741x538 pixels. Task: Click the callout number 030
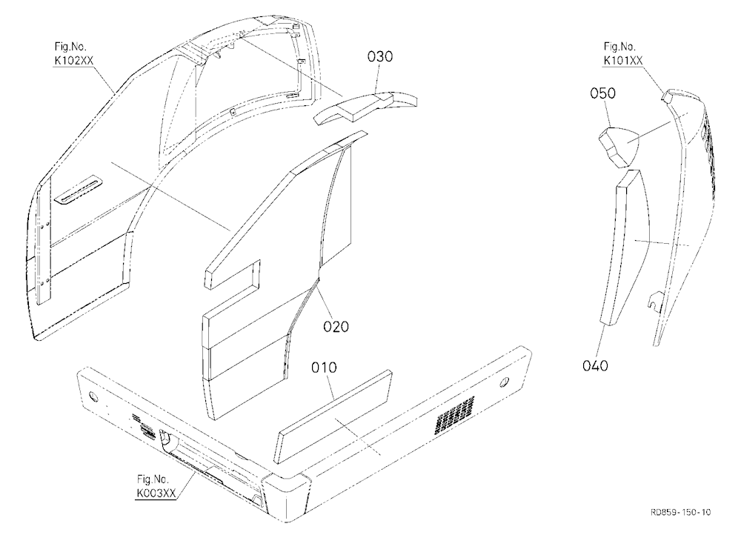click(x=380, y=56)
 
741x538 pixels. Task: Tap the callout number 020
click(x=336, y=326)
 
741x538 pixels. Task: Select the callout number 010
click(x=325, y=368)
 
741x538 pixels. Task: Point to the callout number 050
click(x=602, y=93)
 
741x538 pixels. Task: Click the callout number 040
click(x=595, y=365)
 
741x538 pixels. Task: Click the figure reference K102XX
click(x=73, y=61)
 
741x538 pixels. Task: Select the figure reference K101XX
click(x=623, y=61)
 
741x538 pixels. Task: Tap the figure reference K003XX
click(x=156, y=493)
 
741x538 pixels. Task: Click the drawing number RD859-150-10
click(x=680, y=512)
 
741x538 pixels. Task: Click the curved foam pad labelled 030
click(x=366, y=107)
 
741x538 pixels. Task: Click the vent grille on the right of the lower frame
click(x=455, y=415)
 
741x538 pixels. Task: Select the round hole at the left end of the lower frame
click(x=92, y=395)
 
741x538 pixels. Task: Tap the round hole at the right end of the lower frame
click(x=505, y=381)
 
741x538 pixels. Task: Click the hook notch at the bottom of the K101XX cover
click(x=656, y=301)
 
